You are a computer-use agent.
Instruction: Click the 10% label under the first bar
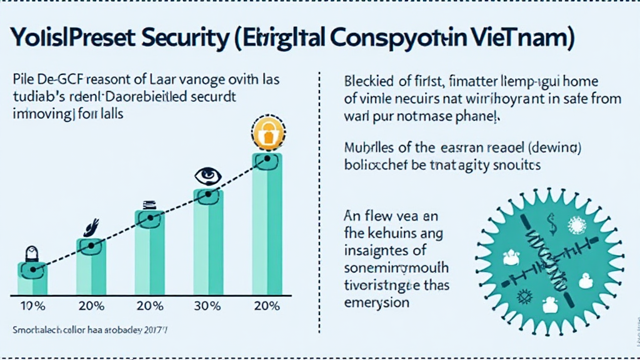(x=31, y=306)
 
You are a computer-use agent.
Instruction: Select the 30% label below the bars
(x=208, y=306)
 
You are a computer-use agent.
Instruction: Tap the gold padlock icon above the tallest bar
(x=268, y=133)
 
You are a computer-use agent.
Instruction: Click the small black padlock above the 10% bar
(x=31, y=254)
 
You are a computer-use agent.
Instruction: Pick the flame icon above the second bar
(x=91, y=227)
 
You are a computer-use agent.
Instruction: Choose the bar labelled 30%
(x=208, y=244)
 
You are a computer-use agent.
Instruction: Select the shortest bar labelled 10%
(x=32, y=278)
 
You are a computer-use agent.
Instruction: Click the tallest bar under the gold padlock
(x=267, y=225)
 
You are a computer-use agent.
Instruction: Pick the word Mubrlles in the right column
(x=372, y=148)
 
